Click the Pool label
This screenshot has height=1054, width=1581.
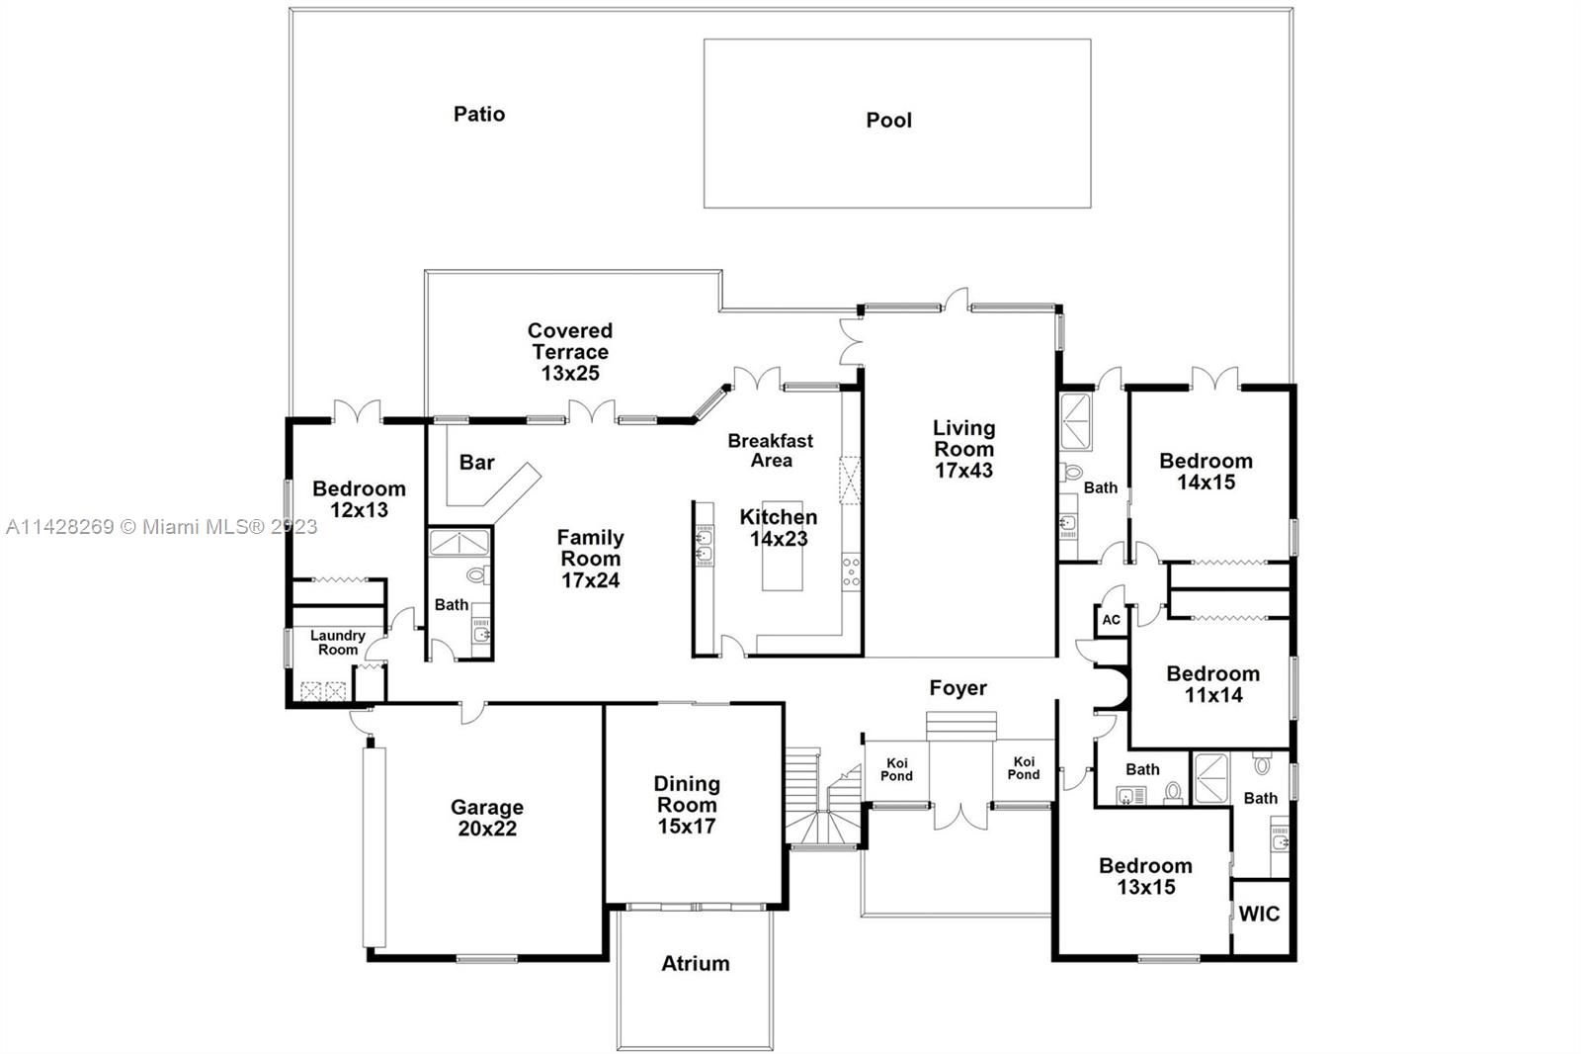(x=888, y=121)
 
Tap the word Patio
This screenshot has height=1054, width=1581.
(x=479, y=115)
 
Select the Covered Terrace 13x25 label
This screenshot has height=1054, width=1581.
(x=569, y=352)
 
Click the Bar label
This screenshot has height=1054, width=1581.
(x=476, y=463)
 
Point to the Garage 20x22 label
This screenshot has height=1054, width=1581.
(x=486, y=819)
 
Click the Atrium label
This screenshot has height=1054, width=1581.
(x=696, y=963)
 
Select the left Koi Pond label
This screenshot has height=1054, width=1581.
(x=896, y=769)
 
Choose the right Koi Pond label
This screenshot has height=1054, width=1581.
(x=1024, y=768)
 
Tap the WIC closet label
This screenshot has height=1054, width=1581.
(x=1259, y=914)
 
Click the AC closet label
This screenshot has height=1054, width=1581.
(x=1111, y=620)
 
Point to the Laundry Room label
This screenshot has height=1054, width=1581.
(x=338, y=643)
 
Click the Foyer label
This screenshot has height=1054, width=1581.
(x=957, y=688)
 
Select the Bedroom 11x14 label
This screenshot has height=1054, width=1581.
(x=1212, y=684)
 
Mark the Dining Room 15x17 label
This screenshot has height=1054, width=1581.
(x=687, y=805)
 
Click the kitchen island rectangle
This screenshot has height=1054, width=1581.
(x=782, y=559)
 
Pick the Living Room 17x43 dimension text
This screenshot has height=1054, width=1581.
(x=963, y=471)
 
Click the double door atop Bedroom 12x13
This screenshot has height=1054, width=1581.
(x=356, y=410)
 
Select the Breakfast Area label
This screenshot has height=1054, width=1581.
(x=771, y=451)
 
